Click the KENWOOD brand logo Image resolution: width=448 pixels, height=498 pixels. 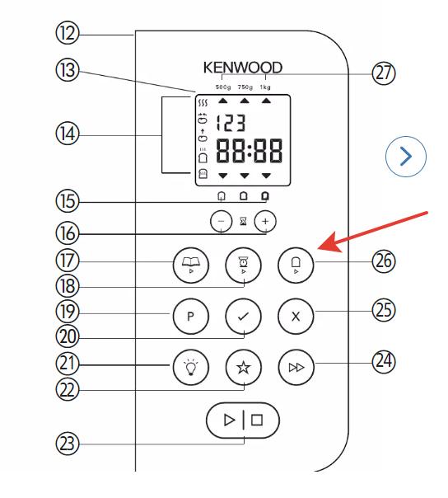click(243, 68)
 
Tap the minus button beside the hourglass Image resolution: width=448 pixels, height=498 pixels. click(222, 221)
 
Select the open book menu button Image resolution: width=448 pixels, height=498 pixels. click(191, 265)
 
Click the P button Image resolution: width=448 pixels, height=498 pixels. click(191, 316)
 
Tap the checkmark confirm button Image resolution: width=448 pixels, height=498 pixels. click(244, 316)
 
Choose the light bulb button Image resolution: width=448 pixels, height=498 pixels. click(191, 367)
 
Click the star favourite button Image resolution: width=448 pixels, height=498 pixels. click(244, 367)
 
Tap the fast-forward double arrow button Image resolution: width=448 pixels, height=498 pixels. click(296, 367)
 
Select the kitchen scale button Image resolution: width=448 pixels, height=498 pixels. click(244, 265)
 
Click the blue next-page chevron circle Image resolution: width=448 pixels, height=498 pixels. click(406, 157)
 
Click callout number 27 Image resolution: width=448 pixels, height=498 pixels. click(384, 73)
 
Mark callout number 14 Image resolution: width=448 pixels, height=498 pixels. click(68, 134)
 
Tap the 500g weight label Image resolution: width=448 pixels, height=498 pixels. click(223, 87)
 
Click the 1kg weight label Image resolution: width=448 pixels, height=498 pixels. click(265, 87)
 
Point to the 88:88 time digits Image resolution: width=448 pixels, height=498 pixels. click(249, 151)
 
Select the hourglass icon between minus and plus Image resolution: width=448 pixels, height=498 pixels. click(244, 221)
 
